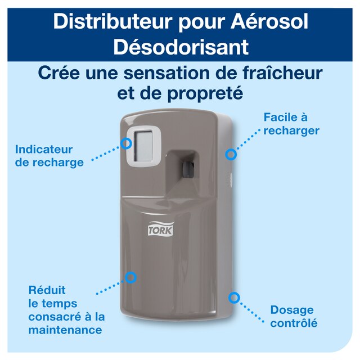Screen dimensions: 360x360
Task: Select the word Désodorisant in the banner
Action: click(180, 47)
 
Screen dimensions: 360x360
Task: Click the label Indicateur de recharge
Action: click(49, 156)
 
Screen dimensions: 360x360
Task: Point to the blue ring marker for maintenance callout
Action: click(131, 277)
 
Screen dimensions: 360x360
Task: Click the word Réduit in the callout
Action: click(47, 290)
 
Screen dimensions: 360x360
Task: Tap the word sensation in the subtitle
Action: click(167, 73)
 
